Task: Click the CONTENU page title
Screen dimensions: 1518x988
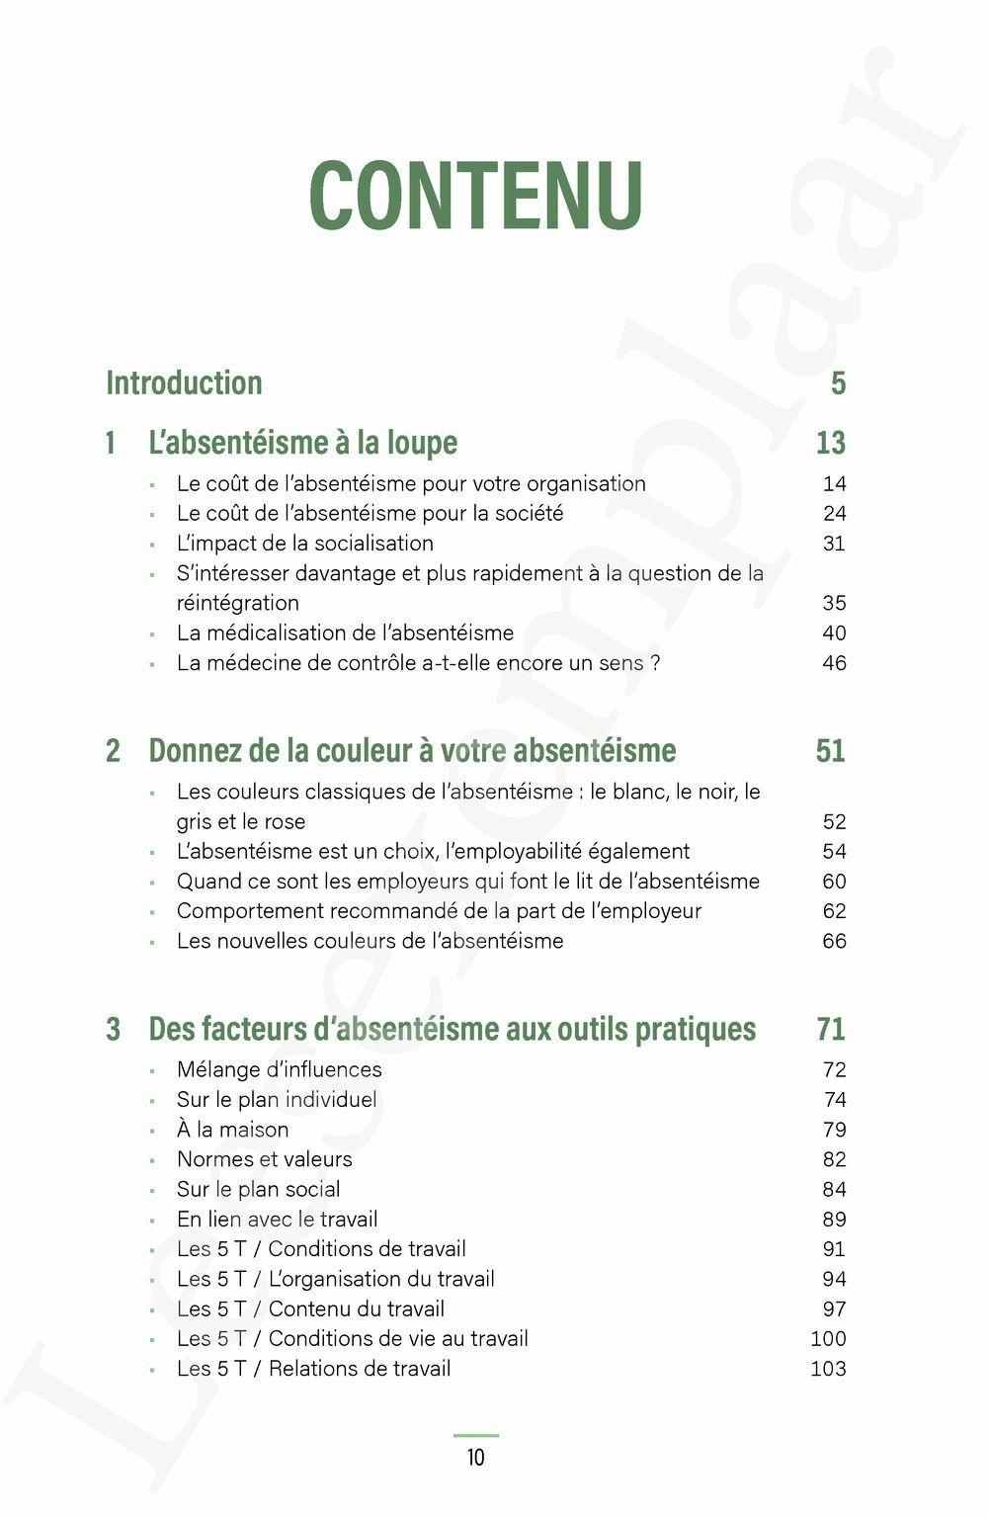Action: click(x=475, y=195)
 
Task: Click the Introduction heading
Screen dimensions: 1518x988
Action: click(x=184, y=383)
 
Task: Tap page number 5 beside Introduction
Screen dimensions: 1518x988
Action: click(x=838, y=383)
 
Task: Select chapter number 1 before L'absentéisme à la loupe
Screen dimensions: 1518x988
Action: click(x=111, y=443)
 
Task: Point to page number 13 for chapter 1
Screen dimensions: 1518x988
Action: click(x=830, y=443)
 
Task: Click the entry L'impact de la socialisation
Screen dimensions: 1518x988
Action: click(x=304, y=544)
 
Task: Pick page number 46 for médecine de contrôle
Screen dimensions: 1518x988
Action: click(x=834, y=663)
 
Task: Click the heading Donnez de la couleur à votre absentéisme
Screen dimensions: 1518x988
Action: click(x=412, y=751)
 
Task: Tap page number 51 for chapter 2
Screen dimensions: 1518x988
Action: click(x=830, y=751)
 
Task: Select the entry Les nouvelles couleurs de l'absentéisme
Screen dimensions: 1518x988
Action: click(x=370, y=941)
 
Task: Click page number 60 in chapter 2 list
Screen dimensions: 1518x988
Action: click(x=834, y=882)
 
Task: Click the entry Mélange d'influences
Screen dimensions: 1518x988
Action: click(x=279, y=1070)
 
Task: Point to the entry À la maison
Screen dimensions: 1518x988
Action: click(x=232, y=1130)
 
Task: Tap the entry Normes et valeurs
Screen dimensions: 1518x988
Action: click(x=264, y=1159)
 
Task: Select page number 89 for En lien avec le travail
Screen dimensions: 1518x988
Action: click(x=834, y=1220)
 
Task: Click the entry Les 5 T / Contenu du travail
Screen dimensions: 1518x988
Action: click(x=310, y=1309)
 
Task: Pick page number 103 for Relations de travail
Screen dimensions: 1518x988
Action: click(x=828, y=1369)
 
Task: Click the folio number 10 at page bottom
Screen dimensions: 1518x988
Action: click(x=475, y=1458)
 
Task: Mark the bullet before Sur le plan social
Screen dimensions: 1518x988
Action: click(x=153, y=1191)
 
